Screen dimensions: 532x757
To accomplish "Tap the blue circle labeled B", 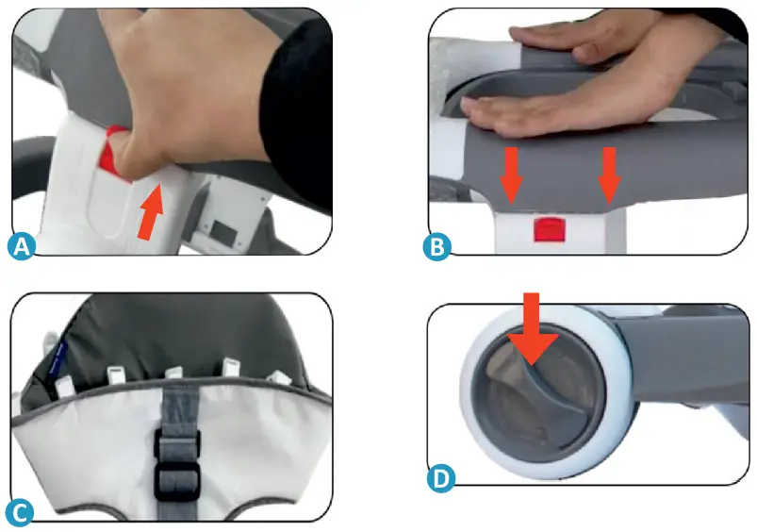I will [x=438, y=246].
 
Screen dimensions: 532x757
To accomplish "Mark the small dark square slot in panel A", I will [x=226, y=229].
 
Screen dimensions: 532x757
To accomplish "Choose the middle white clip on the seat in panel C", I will [x=173, y=374].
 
